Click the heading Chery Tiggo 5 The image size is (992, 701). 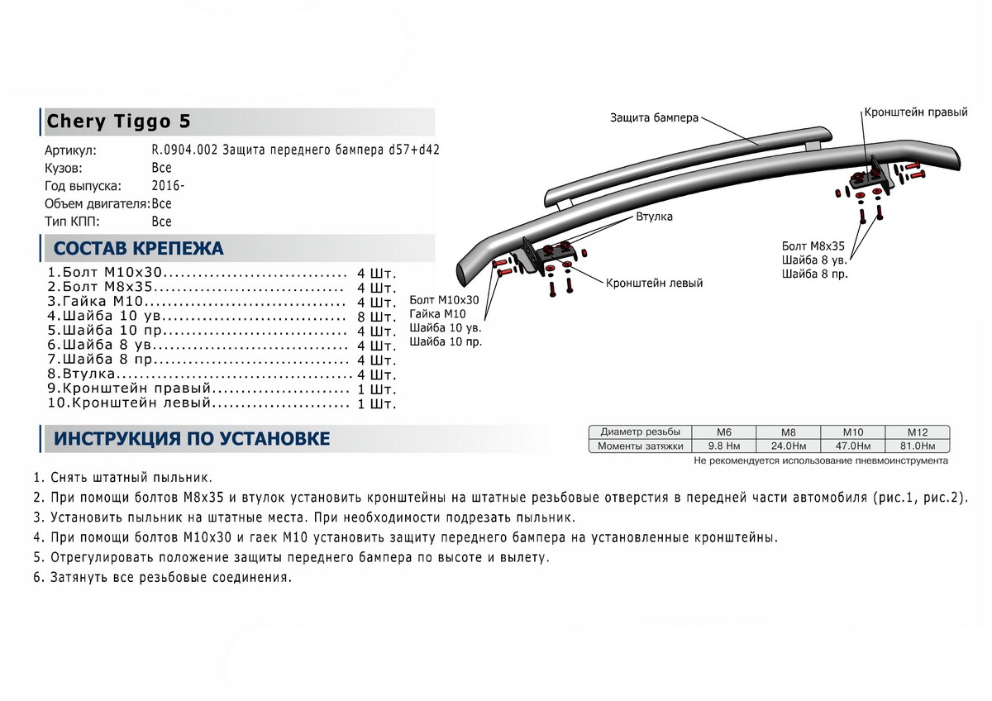118,122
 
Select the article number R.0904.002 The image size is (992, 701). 186,151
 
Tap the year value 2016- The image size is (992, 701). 168,186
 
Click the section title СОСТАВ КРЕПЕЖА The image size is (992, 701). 138,248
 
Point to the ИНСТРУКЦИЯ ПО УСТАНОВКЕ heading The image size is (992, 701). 191,438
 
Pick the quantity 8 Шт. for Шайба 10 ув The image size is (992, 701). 377,317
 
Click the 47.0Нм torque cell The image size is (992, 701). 852,446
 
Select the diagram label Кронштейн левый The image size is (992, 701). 654,283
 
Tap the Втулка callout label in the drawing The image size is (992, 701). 654,217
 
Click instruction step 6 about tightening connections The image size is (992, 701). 164,577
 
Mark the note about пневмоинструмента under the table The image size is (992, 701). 821,460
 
